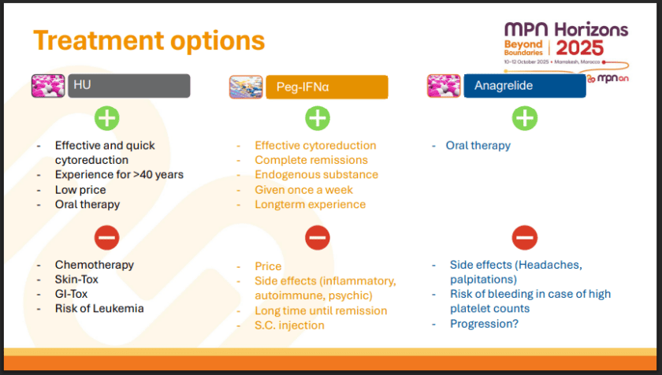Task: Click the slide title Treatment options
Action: pyautogui.click(x=149, y=40)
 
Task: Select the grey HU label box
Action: pyautogui.click(x=129, y=86)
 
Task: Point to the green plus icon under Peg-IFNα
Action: pyautogui.click(x=317, y=118)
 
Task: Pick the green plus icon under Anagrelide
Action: pyautogui.click(x=525, y=118)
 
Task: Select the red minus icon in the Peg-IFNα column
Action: pyautogui.click(x=317, y=237)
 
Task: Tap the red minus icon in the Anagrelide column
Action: pyautogui.click(x=525, y=237)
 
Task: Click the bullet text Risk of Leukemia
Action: pyautogui.click(x=99, y=308)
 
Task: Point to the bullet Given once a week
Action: pyautogui.click(x=303, y=190)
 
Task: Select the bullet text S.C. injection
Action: pyautogui.click(x=289, y=325)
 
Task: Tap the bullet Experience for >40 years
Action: pyautogui.click(x=119, y=175)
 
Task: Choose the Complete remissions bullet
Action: pyautogui.click(x=311, y=160)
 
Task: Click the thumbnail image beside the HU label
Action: pyautogui.click(x=48, y=86)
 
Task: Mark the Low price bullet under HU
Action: pyautogui.click(x=80, y=190)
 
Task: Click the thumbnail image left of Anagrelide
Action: pyautogui.click(x=444, y=86)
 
